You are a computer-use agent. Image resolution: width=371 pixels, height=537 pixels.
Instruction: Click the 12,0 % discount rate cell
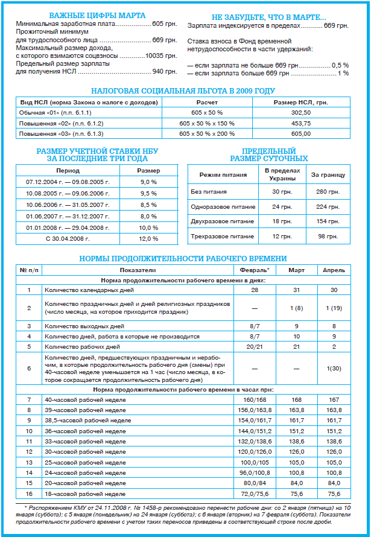[148, 238]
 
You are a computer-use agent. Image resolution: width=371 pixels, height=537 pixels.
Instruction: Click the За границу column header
[328, 175]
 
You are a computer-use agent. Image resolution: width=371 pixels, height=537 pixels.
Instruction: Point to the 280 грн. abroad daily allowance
[328, 191]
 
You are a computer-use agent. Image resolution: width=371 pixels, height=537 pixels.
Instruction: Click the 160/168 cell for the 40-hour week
[255, 399]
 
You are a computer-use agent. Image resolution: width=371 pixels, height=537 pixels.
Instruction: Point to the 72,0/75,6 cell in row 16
[255, 493]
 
